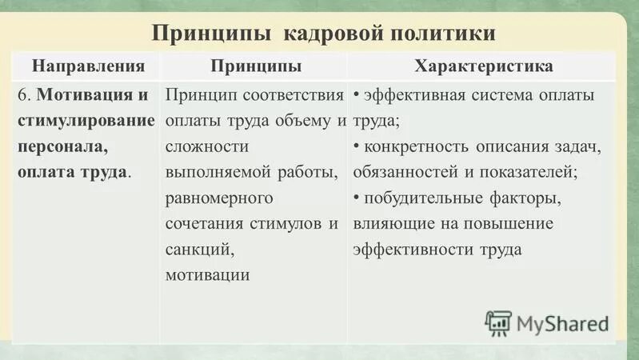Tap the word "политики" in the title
442,34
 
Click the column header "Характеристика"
483,65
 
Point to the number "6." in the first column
23,96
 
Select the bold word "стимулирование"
86,122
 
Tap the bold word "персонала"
61,146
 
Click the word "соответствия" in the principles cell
295,96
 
